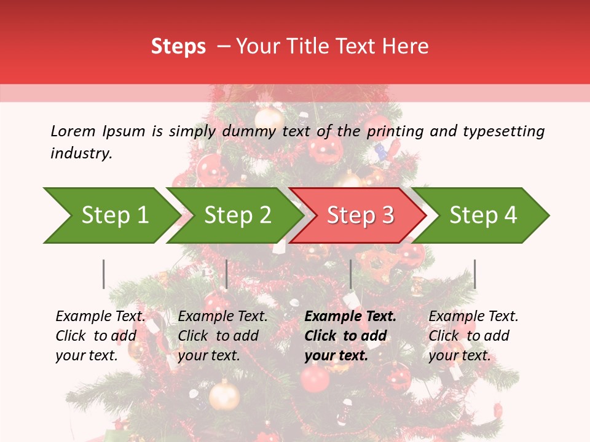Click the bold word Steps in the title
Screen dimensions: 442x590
coord(178,47)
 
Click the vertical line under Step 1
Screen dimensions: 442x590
coord(104,274)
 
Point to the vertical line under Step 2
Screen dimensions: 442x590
coord(227,274)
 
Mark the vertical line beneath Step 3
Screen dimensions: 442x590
coord(350,274)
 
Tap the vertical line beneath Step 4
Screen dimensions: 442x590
coord(474,274)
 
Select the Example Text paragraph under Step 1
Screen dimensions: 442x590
coord(100,336)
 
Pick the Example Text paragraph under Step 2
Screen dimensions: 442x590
coord(222,336)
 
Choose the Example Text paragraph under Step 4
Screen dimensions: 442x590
coord(473,336)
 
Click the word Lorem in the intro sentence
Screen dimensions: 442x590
coord(73,131)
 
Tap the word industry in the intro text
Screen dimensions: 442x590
coord(81,153)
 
